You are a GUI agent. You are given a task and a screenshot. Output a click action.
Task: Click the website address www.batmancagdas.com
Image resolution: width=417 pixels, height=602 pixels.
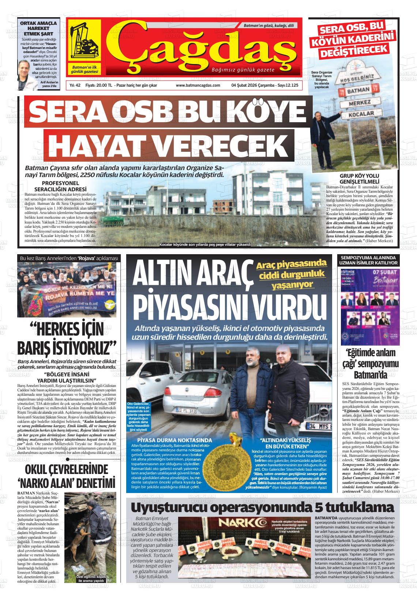coord(198,85)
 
